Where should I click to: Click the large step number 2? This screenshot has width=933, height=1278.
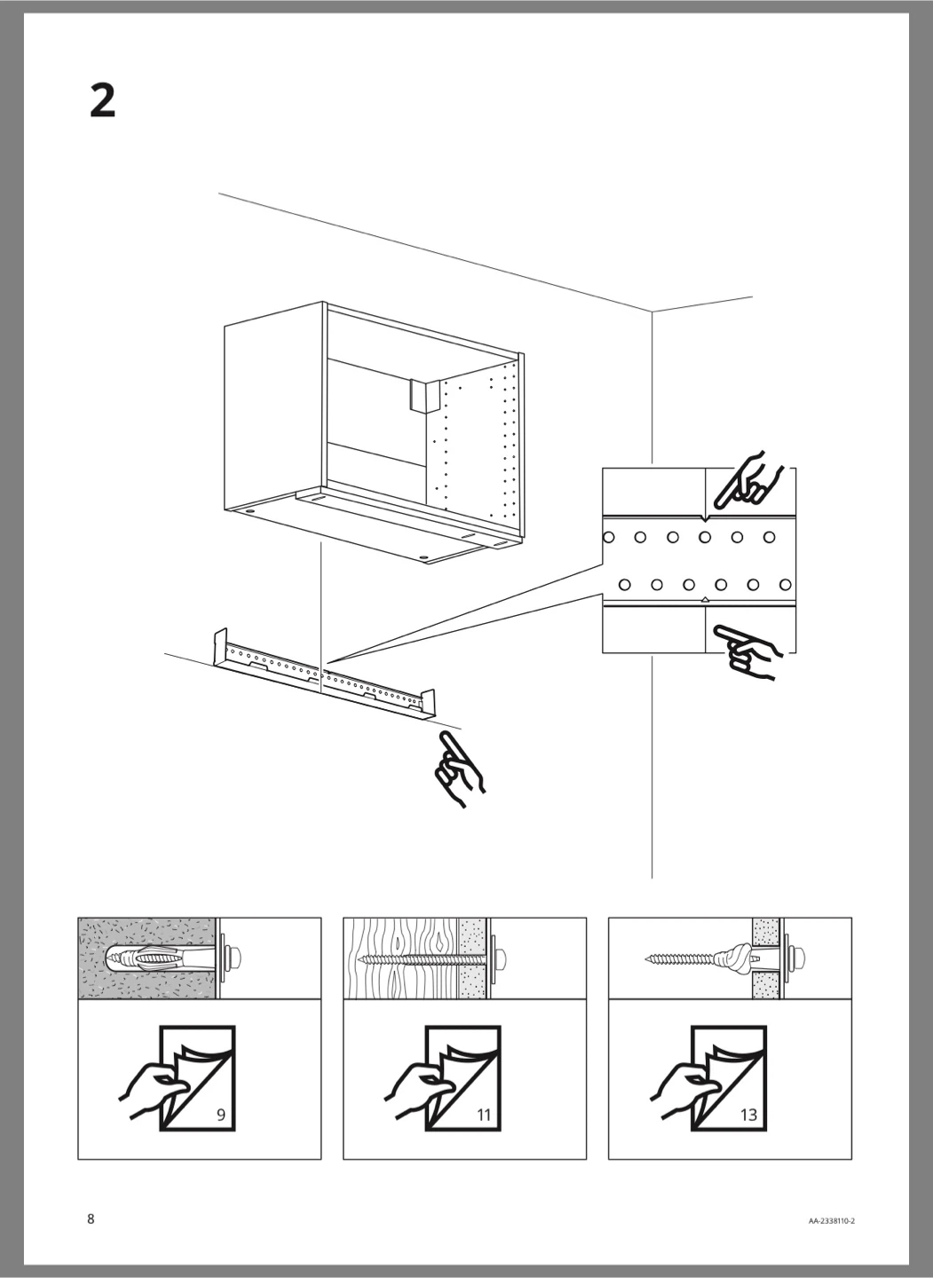(x=103, y=101)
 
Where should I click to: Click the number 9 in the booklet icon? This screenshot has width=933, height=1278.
(x=221, y=1115)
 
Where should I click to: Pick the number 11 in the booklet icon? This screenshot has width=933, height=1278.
(x=484, y=1115)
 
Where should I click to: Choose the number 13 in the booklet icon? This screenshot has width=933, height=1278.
(x=748, y=1115)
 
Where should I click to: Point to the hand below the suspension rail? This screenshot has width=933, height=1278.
(x=460, y=769)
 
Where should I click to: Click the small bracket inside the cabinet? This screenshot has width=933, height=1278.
(x=423, y=394)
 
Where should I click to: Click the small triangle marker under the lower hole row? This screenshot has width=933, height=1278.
(x=706, y=599)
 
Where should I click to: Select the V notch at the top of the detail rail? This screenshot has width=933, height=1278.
(x=706, y=518)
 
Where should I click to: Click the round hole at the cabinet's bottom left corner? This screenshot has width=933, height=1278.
(x=251, y=512)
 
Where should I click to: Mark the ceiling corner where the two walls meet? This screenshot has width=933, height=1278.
(x=652, y=312)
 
